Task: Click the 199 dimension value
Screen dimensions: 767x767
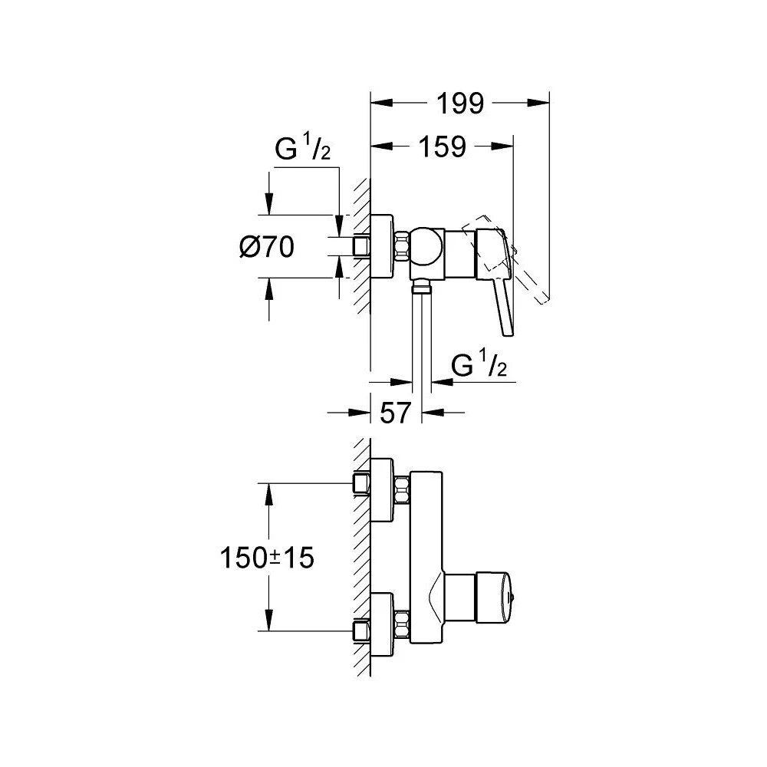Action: click(461, 104)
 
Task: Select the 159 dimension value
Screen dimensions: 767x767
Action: click(443, 146)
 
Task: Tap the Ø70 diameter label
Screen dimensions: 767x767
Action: click(266, 247)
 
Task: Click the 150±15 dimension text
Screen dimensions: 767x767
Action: click(267, 558)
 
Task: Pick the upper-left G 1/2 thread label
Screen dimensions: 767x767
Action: click(302, 150)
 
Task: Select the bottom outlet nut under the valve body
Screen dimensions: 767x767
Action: click(421, 288)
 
